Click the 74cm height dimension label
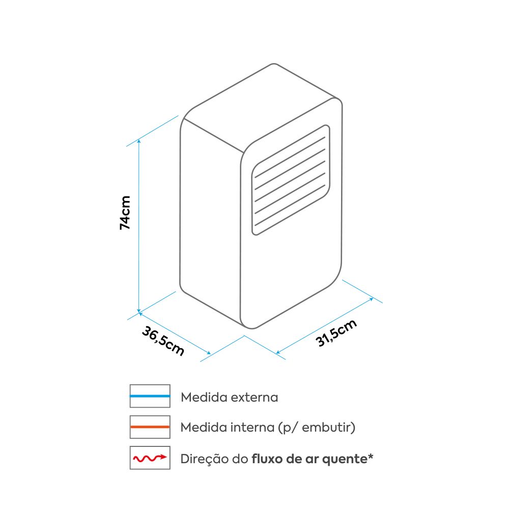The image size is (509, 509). pyautogui.click(x=125, y=213)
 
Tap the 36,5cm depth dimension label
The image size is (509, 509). pyautogui.click(x=163, y=341)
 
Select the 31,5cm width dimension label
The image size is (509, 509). pyautogui.click(x=336, y=333)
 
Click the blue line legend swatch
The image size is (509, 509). pyautogui.click(x=150, y=396)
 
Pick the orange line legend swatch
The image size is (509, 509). pyautogui.click(x=150, y=427)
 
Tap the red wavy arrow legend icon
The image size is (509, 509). pyautogui.click(x=150, y=458)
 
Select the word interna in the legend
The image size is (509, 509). pyautogui.click(x=252, y=428)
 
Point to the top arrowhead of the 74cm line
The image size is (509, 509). pyautogui.click(x=139, y=142)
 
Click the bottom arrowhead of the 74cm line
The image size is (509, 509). pyautogui.click(x=139, y=310)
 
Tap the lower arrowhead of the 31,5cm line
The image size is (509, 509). pyautogui.click(x=278, y=352)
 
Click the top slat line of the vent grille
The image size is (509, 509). pyautogui.click(x=290, y=157)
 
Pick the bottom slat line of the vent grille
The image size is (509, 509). pyautogui.click(x=290, y=205)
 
